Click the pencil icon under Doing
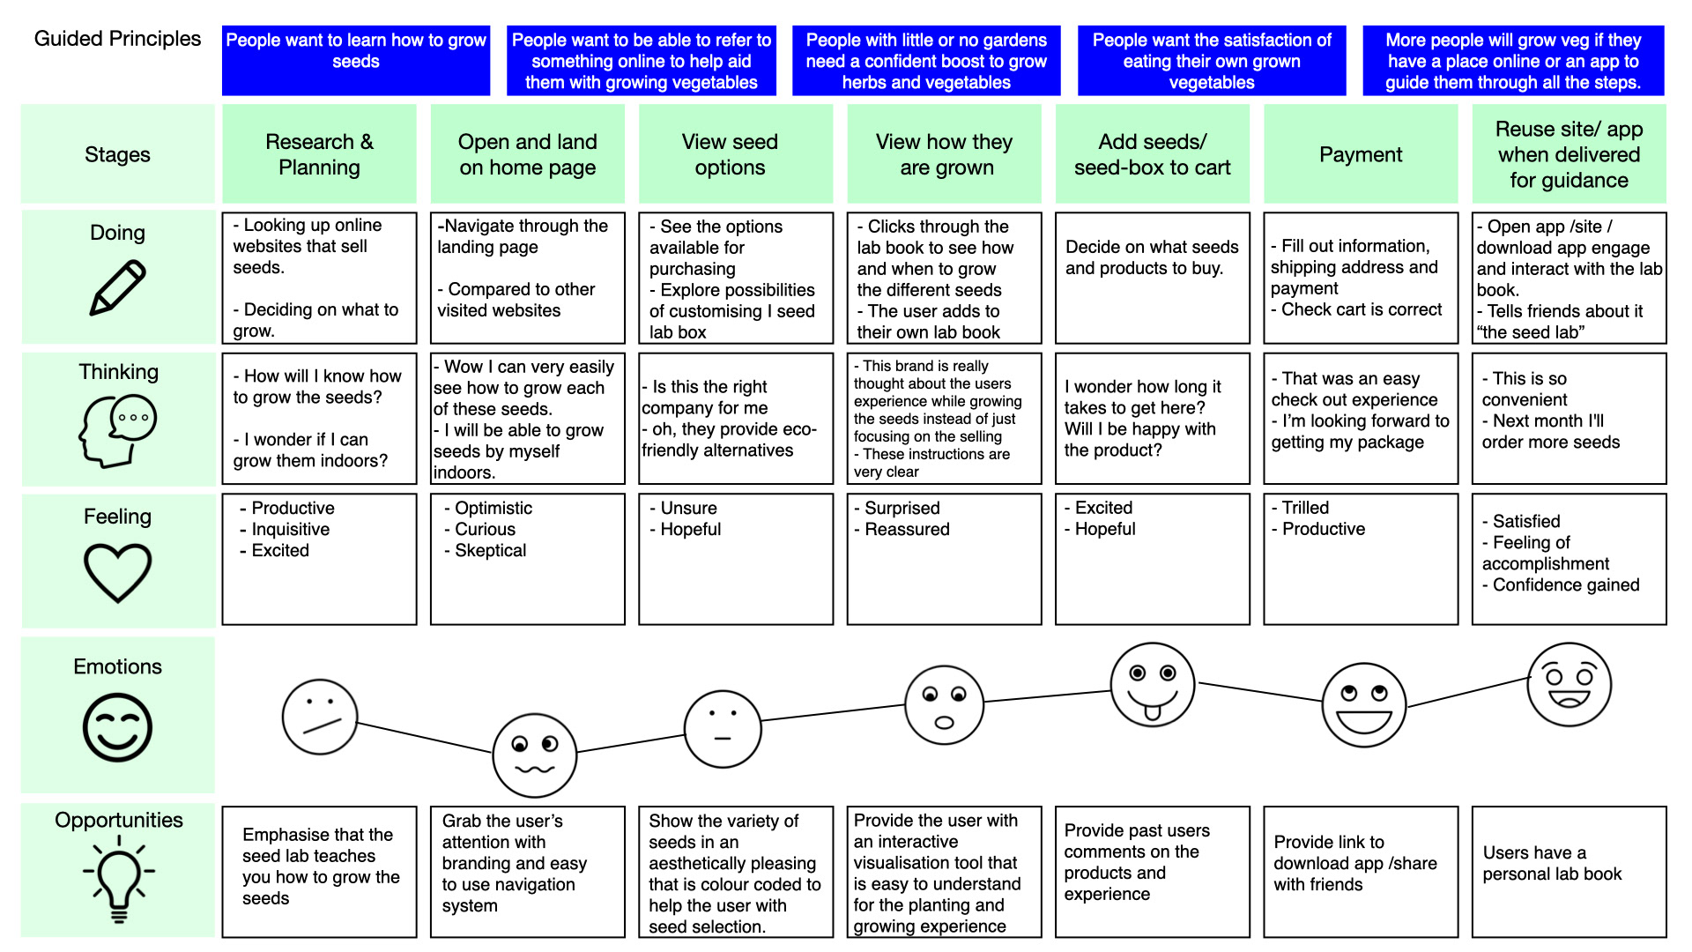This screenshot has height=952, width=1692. point(117,287)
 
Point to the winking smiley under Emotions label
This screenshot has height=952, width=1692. point(117,727)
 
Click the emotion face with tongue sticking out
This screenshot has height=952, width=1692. point(1152,685)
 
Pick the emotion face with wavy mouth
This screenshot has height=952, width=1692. point(535,755)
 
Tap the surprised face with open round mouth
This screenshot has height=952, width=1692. point(944,705)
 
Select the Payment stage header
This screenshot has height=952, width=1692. point(1361,154)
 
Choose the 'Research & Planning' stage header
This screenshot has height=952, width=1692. point(319,154)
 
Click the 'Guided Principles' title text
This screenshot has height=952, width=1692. point(117,39)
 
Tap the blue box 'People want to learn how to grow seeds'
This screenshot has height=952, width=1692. point(356,60)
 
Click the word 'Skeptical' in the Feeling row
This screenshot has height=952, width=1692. point(490,551)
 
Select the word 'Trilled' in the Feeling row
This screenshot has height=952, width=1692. point(1305,508)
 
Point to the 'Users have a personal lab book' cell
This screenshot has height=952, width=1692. point(1570,872)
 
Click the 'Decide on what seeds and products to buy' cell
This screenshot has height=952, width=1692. point(1153,278)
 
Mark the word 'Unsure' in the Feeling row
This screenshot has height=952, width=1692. point(688,509)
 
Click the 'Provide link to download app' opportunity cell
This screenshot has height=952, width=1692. point(1361,872)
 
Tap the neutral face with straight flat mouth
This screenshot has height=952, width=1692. point(723,729)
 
